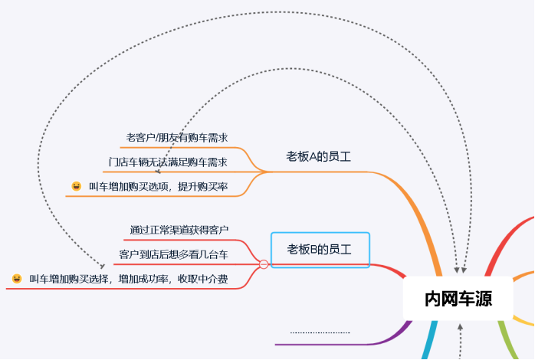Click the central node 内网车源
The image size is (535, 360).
coord(458,299)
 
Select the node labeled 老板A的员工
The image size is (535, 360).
coord(318,156)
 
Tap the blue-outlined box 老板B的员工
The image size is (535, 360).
coord(320,249)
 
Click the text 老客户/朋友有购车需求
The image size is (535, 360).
coord(177,137)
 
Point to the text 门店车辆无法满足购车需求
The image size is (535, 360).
coord(168,162)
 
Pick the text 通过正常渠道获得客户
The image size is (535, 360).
coord(179,229)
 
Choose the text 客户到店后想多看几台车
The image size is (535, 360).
coord(173,254)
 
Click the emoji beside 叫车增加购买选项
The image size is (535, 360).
coord(76,186)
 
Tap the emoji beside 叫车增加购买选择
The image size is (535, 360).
coord(17,279)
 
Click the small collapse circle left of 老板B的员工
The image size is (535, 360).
coord(264,264)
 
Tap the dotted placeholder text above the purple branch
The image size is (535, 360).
coord(320,332)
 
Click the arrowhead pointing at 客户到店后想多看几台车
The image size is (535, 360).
coord(103,264)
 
